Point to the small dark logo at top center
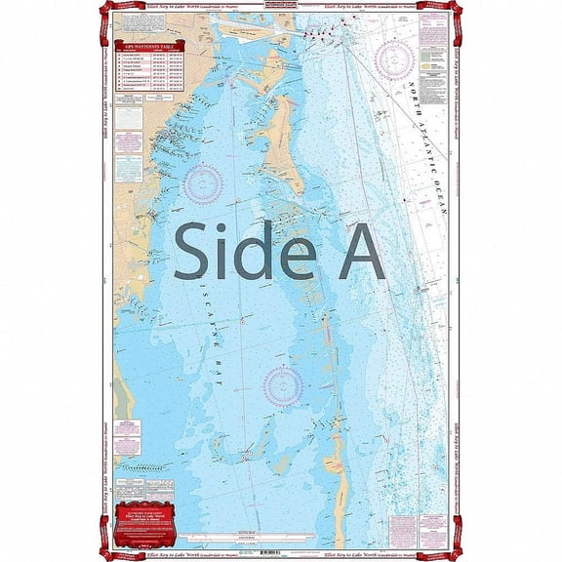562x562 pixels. (x=280, y=13)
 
